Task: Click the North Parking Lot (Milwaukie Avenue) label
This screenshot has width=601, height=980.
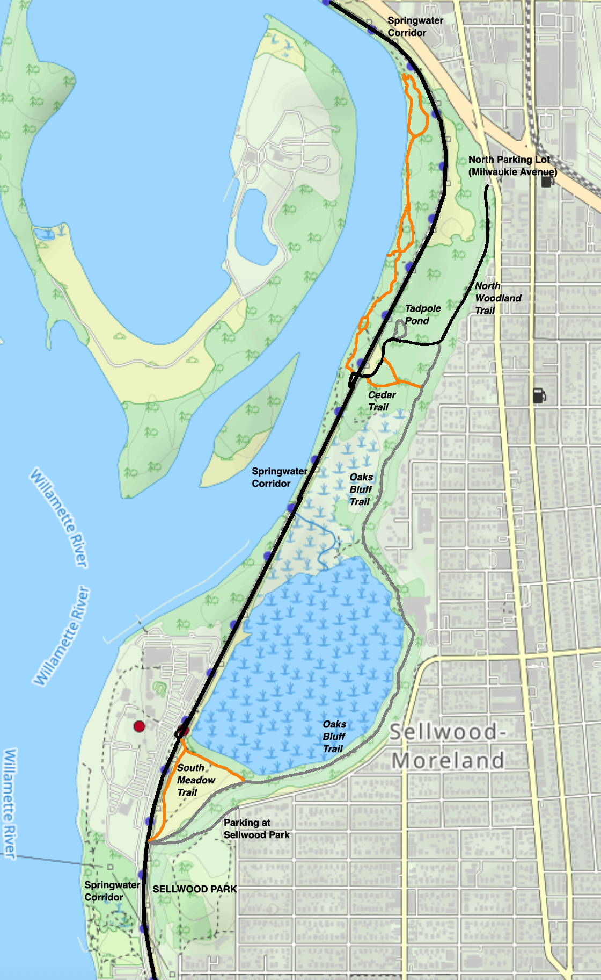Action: pos(512,165)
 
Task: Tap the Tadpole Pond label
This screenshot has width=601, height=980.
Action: pos(422,314)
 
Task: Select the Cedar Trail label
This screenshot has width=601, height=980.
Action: pos(382,401)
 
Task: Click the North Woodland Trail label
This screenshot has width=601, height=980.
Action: pos(497,298)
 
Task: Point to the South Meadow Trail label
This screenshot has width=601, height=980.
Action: pos(195,780)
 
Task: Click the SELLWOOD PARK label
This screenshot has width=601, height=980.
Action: pos(194,889)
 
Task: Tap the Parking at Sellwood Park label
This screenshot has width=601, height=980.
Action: pos(256,828)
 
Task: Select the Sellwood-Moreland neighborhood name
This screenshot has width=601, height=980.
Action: pos(448,746)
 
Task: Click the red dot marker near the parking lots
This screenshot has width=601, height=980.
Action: pos(139,726)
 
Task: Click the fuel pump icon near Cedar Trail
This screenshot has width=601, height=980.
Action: pos(539,396)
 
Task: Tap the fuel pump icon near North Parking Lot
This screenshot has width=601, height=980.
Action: pos(546,181)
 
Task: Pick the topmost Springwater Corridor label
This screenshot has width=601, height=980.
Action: pos(415,26)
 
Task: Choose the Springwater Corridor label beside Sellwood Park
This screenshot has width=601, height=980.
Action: pos(112,891)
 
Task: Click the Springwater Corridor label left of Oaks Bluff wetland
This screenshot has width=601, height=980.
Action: pos(279,477)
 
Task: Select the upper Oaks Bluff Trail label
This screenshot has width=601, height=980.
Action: pos(361,489)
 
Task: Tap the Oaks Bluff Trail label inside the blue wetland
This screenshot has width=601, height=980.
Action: pos(334,737)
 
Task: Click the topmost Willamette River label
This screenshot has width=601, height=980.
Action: pos(58,518)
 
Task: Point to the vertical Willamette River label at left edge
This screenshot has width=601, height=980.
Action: pos(10,803)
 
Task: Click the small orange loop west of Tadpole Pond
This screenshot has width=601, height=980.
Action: pos(363,323)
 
